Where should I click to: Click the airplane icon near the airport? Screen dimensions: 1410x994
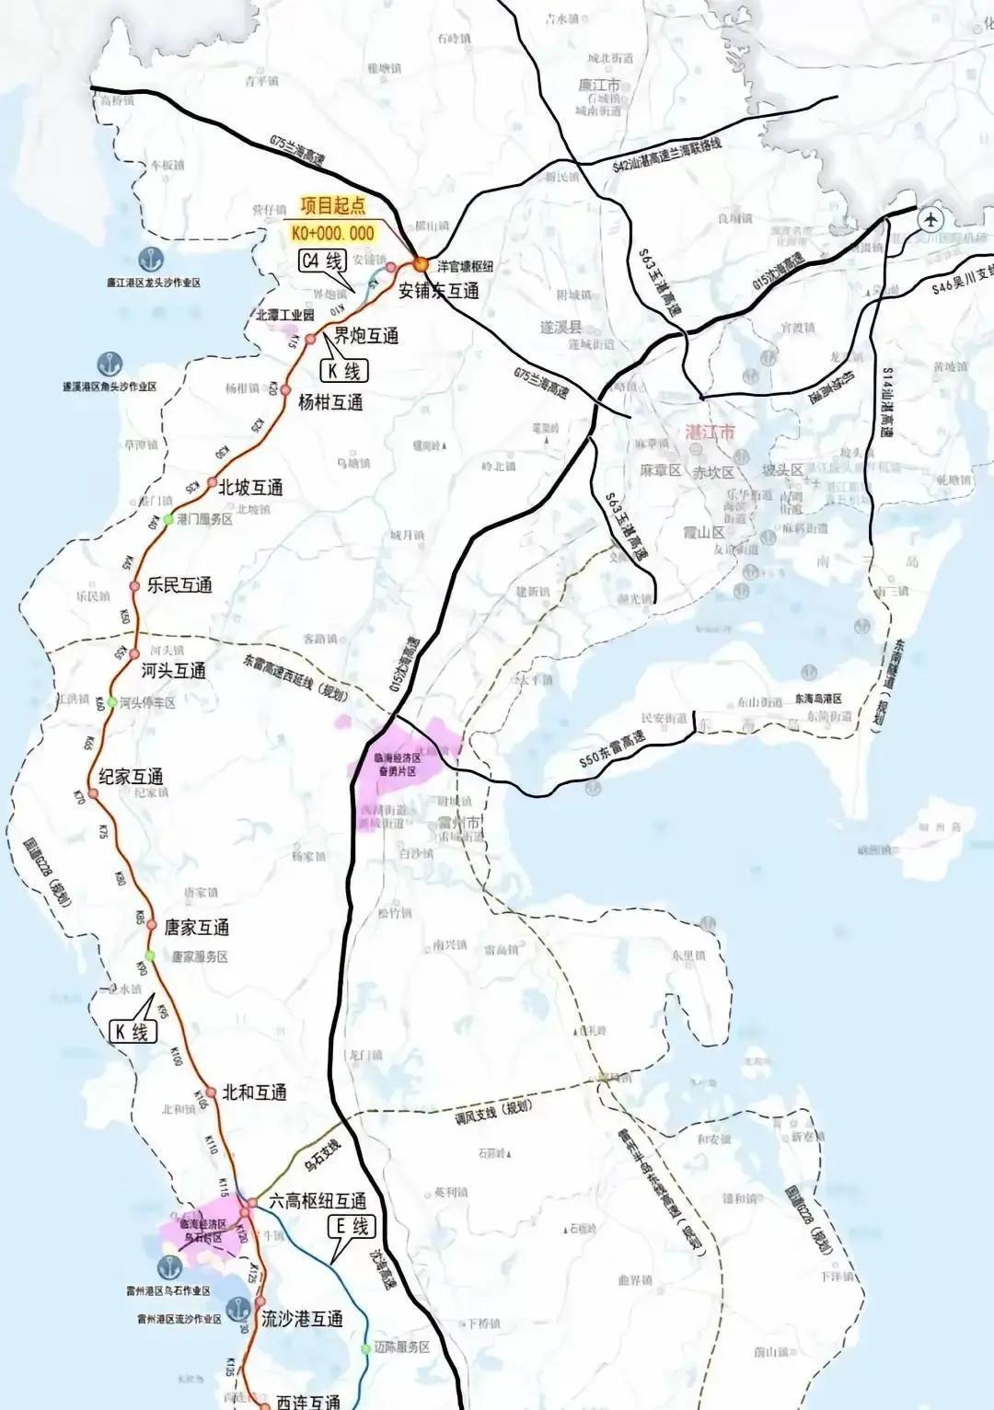(x=931, y=220)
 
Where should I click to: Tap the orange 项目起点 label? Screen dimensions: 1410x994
(x=332, y=207)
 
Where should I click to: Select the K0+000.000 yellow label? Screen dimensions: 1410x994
(x=332, y=233)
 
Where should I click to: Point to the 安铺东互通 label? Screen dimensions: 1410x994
(x=438, y=291)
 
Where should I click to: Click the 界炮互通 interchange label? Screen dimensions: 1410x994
(x=365, y=336)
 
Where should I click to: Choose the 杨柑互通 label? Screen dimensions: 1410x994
(x=330, y=402)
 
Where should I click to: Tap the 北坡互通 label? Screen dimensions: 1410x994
(x=250, y=488)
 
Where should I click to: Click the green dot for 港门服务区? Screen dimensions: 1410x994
(x=168, y=520)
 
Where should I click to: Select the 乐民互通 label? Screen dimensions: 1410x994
(x=179, y=585)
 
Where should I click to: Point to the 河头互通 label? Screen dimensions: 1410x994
(x=174, y=671)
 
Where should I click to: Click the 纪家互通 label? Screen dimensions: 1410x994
(x=131, y=777)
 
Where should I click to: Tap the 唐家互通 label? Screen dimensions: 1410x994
(x=196, y=928)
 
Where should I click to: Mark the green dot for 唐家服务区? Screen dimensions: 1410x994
(x=150, y=955)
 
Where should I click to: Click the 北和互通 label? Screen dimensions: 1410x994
(x=254, y=1092)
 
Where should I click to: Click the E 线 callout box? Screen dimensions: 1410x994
(x=352, y=1226)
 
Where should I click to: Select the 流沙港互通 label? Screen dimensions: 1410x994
(x=302, y=1319)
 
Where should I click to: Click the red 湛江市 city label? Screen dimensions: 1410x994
(x=711, y=433)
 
